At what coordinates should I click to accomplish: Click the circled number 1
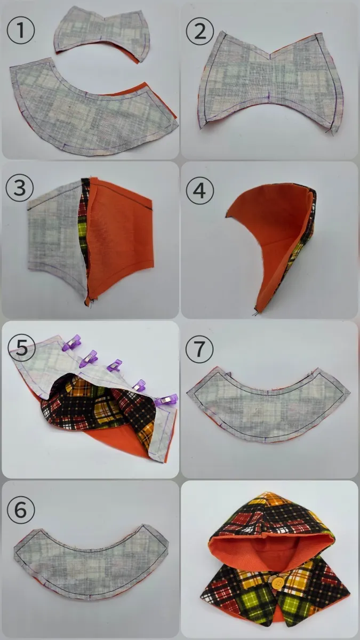point(21,30)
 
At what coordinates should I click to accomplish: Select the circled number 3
point(20,188)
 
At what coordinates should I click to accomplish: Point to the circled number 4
point(199,190)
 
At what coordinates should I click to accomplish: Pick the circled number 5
point(22,347)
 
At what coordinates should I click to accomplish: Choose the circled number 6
point(21,510)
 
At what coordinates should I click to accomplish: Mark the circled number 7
point(199,349)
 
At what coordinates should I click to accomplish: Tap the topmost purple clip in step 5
point(72,342)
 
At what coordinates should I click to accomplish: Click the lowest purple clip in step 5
point(166,400)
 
